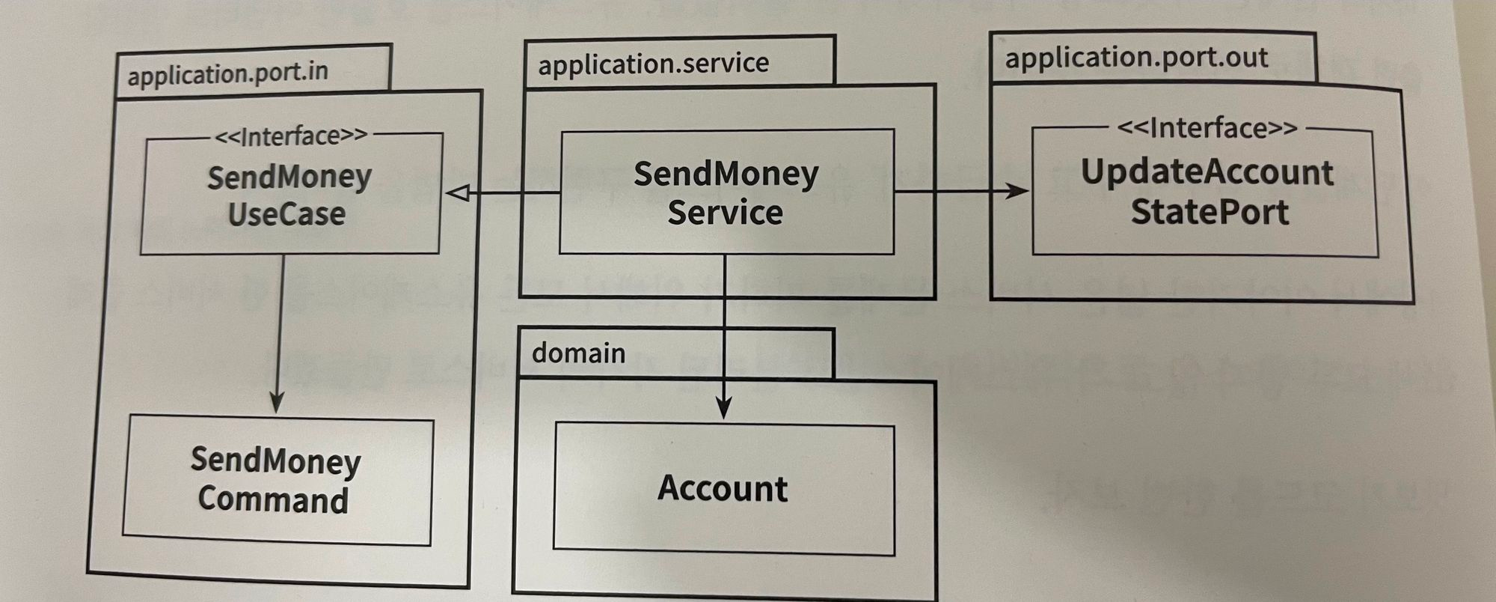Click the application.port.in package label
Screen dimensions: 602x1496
pos(227,73)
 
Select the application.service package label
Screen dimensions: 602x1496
pos(653,64)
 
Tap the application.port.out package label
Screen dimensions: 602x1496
pos(1135,58)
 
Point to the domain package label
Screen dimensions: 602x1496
pos(578,353)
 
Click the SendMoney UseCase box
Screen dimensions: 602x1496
pos(290,195)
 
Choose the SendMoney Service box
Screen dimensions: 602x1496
pos(726,192)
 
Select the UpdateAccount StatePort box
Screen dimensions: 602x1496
pos(1205,192)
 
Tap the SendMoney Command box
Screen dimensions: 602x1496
pos(277,480)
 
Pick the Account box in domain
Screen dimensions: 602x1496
pos(723,489)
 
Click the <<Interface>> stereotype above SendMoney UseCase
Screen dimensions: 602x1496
pos(291,136)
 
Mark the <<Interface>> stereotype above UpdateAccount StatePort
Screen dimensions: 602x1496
pos(1207,128)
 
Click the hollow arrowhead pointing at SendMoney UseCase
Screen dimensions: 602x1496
pos(458,193)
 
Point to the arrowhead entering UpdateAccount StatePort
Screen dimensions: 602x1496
pos(1017,191)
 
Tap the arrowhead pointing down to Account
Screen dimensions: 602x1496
pos(723,409)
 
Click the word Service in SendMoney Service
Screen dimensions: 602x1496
pos(725,213)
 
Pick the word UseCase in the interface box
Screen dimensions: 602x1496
pos(286,215)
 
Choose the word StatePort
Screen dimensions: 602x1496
pos(1209,212)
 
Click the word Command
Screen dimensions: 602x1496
pos(273,499)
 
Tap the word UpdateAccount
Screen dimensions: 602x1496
pos(1207,172)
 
